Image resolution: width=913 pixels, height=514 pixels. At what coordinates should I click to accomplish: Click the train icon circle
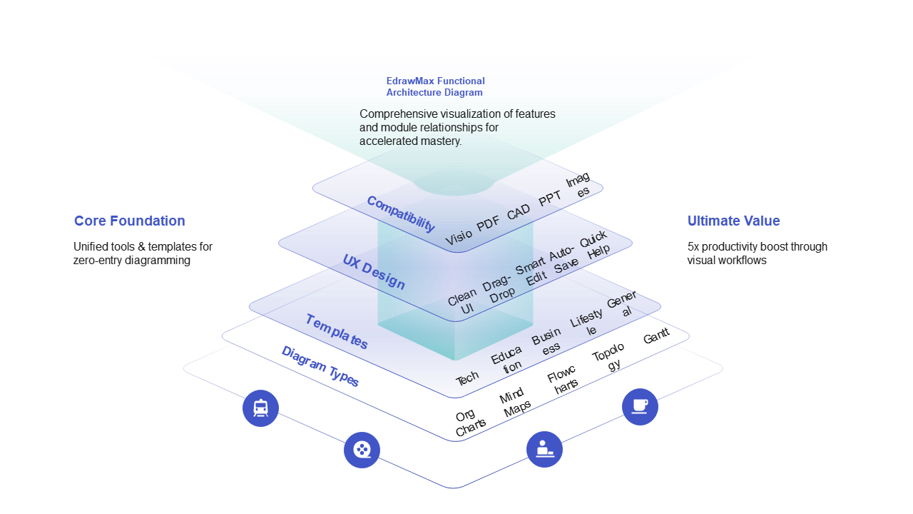(x=260, y=408)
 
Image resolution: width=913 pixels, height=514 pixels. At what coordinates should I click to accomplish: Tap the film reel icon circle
(x=362, y=450)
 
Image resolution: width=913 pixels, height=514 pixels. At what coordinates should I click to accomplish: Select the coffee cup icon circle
(x=640, y=407)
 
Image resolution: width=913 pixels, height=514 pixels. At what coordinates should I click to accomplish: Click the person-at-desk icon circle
(x=544, y=449)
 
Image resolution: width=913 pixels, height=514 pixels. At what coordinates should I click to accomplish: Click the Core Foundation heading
(x=129, y=221)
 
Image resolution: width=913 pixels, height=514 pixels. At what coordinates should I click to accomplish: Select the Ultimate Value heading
(x=733, y=221)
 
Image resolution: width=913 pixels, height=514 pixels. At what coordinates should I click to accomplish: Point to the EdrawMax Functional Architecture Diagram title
(x=435, y=86)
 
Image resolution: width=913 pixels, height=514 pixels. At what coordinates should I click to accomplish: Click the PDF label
(x=489, y=223)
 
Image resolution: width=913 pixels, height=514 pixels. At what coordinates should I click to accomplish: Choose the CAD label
(x=519, y=212)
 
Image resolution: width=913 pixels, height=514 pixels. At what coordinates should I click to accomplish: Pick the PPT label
(x=550, y=199)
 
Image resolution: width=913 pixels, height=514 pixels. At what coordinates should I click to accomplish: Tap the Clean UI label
(x=464, y=301)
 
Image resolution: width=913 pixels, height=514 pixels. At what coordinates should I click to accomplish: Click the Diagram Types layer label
(x=320, y=366)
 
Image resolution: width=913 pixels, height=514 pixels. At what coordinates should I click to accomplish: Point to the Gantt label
(x=656, y=336)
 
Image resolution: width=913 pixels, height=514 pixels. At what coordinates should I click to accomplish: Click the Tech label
(x=467, y=379)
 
